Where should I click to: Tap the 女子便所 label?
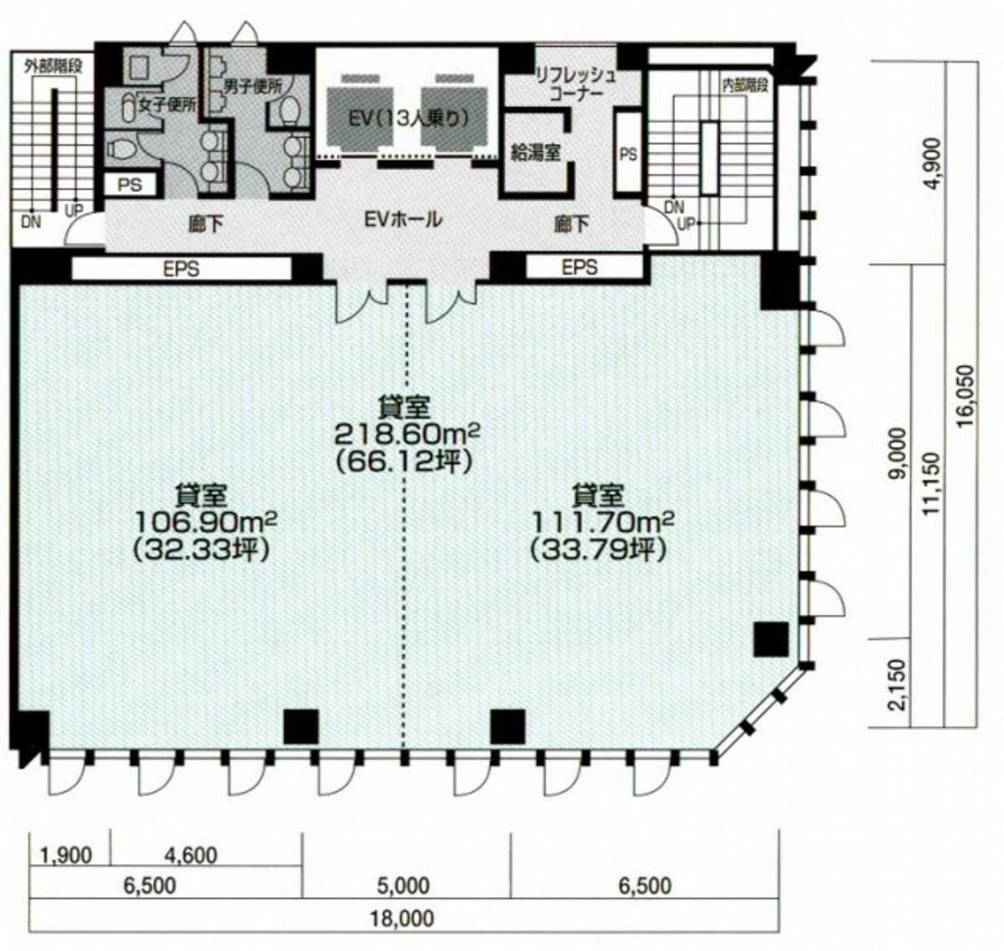[x=168, y=105]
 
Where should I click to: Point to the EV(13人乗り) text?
[x=408, y=119]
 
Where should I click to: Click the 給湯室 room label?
[x=535, y=152]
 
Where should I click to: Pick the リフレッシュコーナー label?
[x=575, y=85]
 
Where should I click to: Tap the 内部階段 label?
[x=745, y=86]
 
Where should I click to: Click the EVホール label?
[x=402, y=219]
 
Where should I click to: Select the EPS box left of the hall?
[x=182, y=269]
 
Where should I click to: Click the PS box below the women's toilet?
[x=130, y=184]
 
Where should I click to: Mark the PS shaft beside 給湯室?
[x=628, y=152]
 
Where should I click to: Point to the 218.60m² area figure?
[x=407, y=435]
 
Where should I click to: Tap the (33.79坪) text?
[x=598, y=551]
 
